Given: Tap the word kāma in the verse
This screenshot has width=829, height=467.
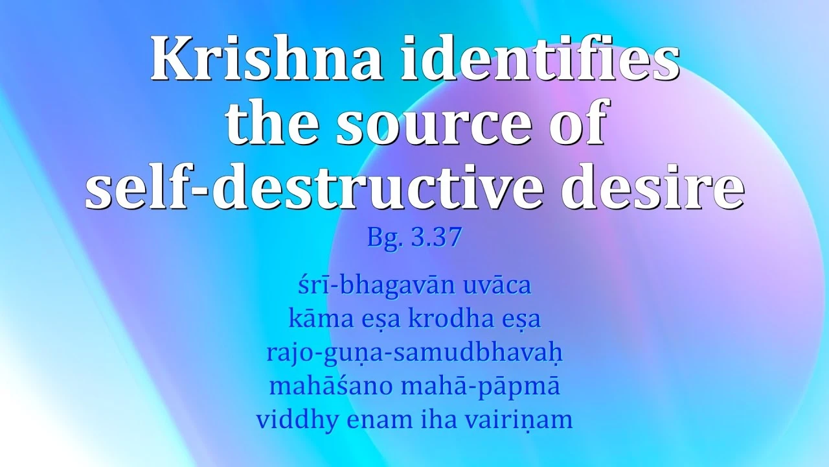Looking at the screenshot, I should [x=315, y=320].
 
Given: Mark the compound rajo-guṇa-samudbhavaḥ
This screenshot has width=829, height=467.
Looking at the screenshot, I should [x=414, y=353].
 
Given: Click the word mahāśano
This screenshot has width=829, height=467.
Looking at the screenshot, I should [x=329, y=387].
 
